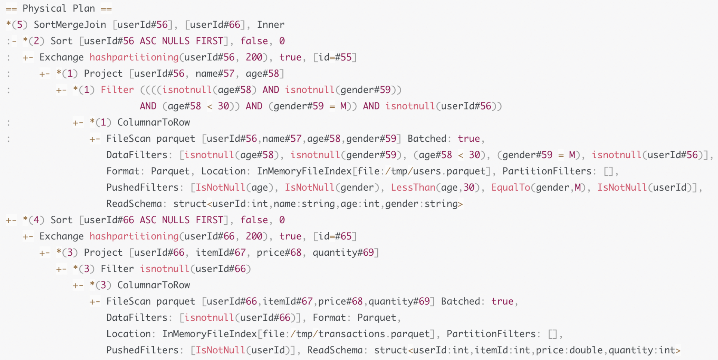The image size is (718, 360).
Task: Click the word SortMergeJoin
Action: point(70,25)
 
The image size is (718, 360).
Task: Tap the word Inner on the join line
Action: point(270,25)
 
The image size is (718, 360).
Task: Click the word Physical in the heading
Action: point(45,8)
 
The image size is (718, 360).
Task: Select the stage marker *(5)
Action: point(17,25)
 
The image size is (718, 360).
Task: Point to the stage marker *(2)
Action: point(34,41)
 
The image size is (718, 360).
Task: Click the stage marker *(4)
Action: point(34,220)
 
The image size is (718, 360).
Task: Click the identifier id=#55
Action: point(335,57)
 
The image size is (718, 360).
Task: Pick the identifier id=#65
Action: point(335,236)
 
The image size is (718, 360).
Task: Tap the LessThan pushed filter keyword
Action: point(413,187)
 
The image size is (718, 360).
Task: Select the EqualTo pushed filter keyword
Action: point(510,187)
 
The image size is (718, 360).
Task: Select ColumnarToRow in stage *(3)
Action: point(153,285)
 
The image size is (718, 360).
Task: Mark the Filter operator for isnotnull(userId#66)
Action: point(117,269)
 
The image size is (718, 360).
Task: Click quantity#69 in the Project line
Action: point(343,253)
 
